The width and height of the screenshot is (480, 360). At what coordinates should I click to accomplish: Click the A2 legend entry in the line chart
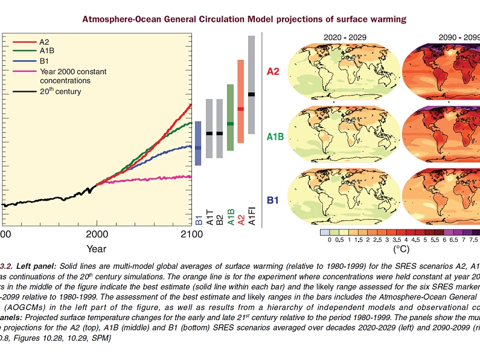45,42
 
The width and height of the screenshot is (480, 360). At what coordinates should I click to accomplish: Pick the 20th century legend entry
60,92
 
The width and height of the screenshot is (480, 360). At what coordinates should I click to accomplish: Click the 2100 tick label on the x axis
191,234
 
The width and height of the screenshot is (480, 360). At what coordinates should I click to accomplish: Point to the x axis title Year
96,248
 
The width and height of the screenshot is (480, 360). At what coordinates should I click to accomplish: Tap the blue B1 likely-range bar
198,147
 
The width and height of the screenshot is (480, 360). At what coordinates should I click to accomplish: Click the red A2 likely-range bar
240,101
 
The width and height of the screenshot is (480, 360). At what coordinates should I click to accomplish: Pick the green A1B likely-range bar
230,118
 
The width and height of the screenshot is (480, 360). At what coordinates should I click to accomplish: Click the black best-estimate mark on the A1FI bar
251,94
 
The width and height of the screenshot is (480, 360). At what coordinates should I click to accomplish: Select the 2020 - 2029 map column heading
341,37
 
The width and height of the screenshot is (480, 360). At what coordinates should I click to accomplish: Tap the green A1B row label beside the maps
275,137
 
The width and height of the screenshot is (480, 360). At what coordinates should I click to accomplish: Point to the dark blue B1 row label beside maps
274,198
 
